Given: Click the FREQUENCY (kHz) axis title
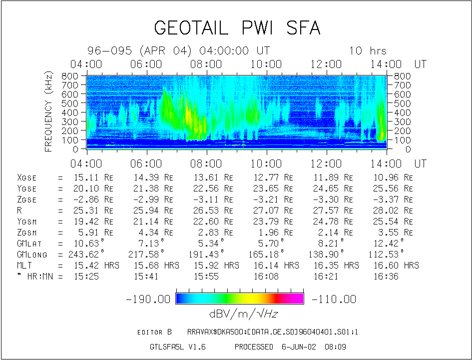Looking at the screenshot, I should [48, 111].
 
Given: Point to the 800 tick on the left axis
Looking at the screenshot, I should [69, 76].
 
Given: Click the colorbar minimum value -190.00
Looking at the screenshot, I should [149, 299].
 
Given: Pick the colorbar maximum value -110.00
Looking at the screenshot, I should [334, 299].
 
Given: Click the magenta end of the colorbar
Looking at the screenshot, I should [298, 298].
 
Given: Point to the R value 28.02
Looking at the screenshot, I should [385, 210].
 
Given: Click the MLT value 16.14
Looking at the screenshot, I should [263, 265].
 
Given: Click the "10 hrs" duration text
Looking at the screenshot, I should [368, 51].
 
